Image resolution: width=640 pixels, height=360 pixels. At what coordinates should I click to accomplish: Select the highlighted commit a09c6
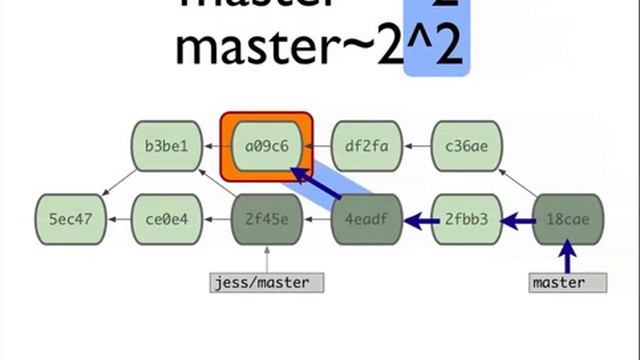[266, 146]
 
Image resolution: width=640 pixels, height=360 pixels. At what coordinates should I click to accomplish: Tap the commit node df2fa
[366, 146]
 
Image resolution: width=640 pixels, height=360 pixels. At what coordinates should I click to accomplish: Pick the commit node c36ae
[466, 146]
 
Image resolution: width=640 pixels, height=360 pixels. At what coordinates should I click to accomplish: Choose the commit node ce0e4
[166, 217]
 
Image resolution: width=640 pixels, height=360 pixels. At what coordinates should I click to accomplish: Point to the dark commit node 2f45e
[266, 217]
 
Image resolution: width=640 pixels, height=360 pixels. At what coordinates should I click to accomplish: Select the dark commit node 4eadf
[366, 217]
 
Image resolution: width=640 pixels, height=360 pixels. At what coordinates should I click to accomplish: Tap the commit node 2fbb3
[466, 217]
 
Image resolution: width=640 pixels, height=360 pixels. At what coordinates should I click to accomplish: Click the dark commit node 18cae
[567, 217]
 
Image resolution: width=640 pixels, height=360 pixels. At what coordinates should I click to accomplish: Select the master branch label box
[567, 282]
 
